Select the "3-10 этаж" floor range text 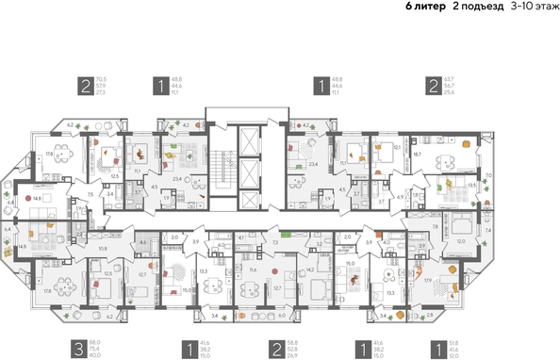pos(533,7)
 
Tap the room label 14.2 pos(310,269)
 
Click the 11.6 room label pos(253,270)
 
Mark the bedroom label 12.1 pos(397,147)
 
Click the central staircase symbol pos(225,173)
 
